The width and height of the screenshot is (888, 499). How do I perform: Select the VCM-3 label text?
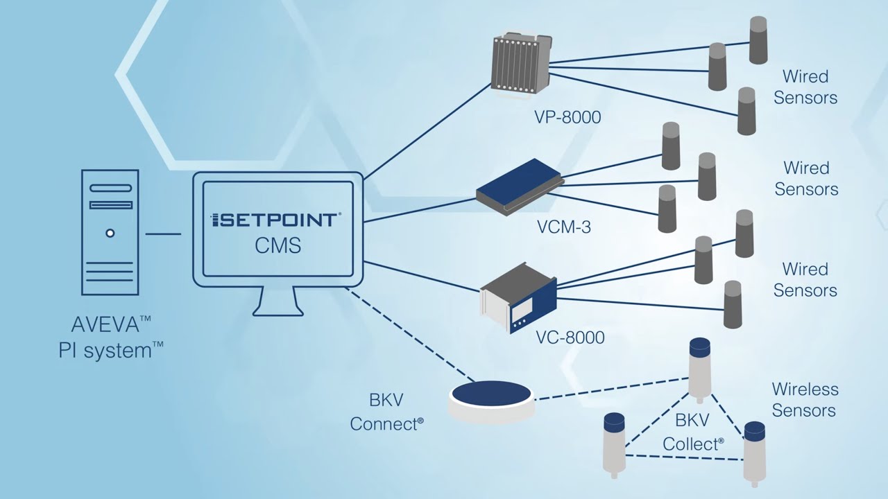pyautogui.click(x=563, y=227)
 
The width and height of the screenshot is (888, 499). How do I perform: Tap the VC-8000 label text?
pyautogui.click(x=570, y=338)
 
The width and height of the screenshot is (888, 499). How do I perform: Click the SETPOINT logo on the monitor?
pyautogui.click(x=275, y=220)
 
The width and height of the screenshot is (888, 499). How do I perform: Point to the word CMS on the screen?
pyautogui.click(x=277, y=245)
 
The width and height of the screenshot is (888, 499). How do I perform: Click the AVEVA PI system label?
pyautogui.click(x=111, y=338)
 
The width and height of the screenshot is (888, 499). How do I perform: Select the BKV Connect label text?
pyautogui.click(x=386, y=412)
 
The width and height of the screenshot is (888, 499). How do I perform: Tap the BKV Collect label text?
pyautogui.click(x=692, y=432)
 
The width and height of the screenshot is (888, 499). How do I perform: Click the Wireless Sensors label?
pyautogui.click(x=805, y=400)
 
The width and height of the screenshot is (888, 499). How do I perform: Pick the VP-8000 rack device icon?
pyautogui.click(x=520, y=64)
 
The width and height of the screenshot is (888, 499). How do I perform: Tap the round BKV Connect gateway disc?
pyautogui.click(x=491, y=400)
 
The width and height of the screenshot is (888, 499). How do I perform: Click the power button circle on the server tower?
pyautogui.click(x=110, y=234)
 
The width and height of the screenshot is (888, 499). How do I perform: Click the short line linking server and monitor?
pyautogui.click(x=163, y=234)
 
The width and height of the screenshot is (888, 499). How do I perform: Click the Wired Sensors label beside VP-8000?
pyautogui.click(x=805, y=87)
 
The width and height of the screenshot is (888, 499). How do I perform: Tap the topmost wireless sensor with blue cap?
pyautogui.click(x=699, y=369)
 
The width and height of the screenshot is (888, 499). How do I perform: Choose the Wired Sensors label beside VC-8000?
pyautogui.click(x=805, y=279)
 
